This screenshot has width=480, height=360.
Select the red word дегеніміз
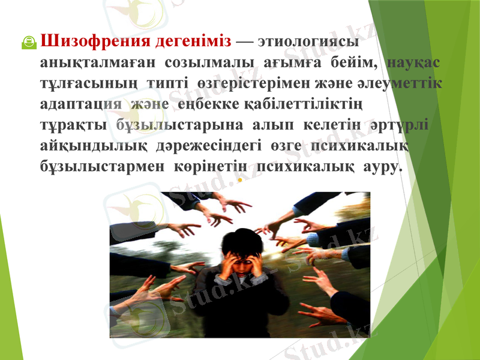(193, 42)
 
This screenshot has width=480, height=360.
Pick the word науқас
(415, 63)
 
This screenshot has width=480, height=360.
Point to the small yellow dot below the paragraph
(239, 179)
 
